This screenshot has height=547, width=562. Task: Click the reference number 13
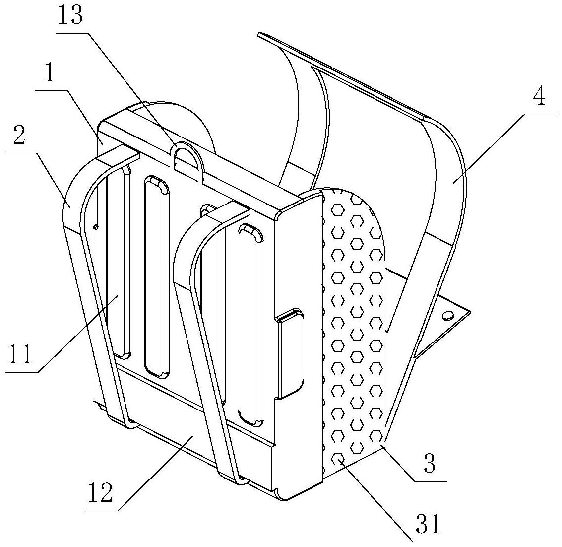click(x=71, y=15)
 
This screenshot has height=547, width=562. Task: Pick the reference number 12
click(x=101, y=493)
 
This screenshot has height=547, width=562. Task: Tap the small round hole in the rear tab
click(x=447, y=315)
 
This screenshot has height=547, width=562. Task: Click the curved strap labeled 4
click(x=446, y=199)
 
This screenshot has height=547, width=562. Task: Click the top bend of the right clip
click(x=198, y=233)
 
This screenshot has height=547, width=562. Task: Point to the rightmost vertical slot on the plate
click(x=250, y=325)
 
